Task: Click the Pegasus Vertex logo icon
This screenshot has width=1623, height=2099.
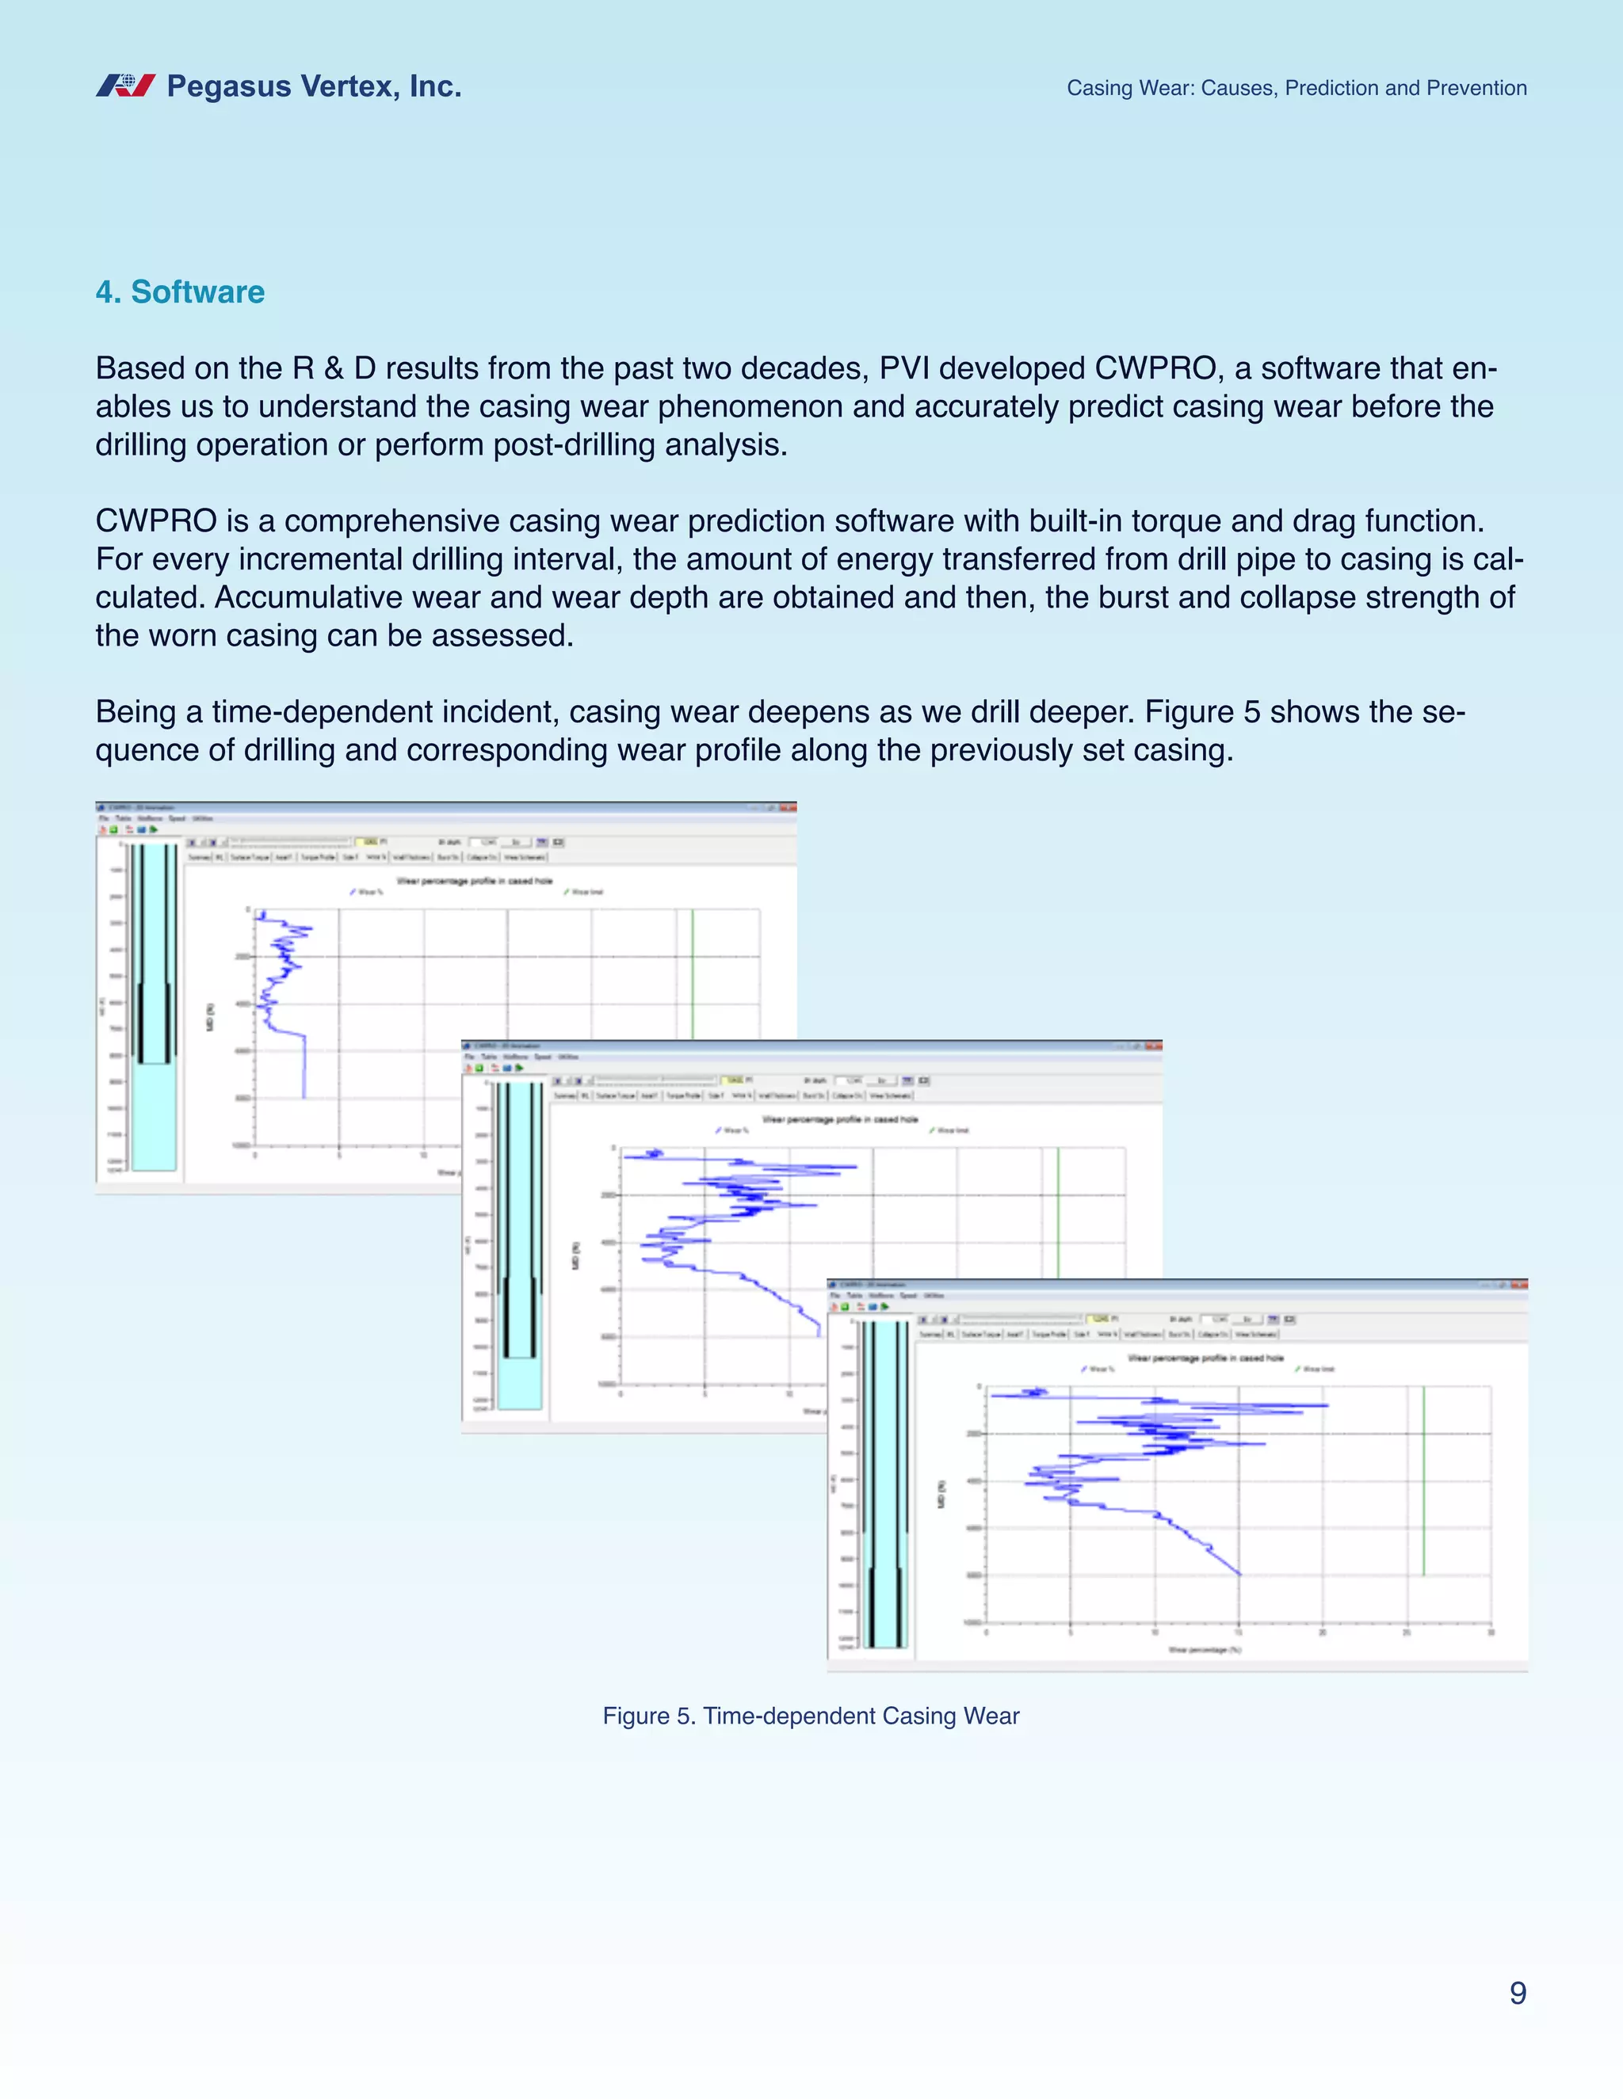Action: pyautogui.click(x=125, y=86)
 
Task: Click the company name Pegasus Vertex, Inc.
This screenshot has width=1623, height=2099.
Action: pyautogui.click(x=314, y=86)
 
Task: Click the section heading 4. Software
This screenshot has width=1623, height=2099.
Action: pyautogui.click(x=180, y=292)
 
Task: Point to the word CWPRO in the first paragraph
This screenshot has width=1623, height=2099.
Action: pyautogui.click(x=1155, y=368)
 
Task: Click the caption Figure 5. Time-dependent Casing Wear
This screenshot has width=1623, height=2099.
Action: pyautogui.click(x=811, y=1716)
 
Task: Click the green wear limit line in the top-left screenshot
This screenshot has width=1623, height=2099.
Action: pyautogui.click(x=693, y=971)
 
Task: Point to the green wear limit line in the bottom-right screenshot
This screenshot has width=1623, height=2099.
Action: pyautogui.click(x=1423, y=1480)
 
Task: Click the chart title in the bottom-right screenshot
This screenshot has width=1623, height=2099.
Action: pyautogui.click(x=1205, y=1358)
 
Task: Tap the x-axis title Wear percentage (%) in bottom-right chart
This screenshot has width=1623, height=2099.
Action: pyautogui.click(x=1205, y=1649)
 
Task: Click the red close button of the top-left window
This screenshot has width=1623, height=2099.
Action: pyautogui.click(x=789, y=807)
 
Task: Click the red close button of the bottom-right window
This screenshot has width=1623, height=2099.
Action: pyautogui.click(x=1519, y=1285)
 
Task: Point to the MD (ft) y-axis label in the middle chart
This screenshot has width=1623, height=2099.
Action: pyautogui.click(x=576, y=1256)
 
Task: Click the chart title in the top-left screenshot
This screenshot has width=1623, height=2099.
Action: pyautogui.click(x=474, y=880)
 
